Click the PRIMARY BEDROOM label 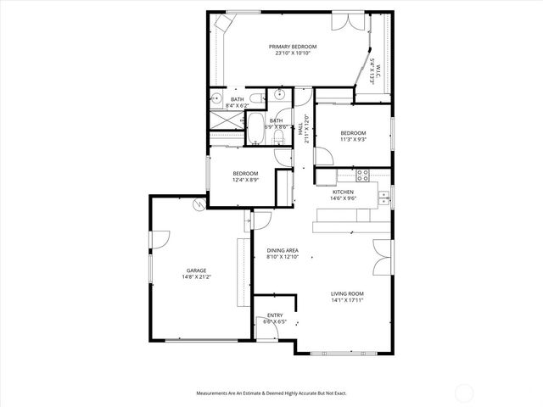293,46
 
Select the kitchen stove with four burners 362,176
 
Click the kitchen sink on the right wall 384,198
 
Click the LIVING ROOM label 347,293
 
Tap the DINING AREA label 282,250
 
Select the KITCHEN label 343,192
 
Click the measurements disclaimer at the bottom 271,393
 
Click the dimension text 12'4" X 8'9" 247,180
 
